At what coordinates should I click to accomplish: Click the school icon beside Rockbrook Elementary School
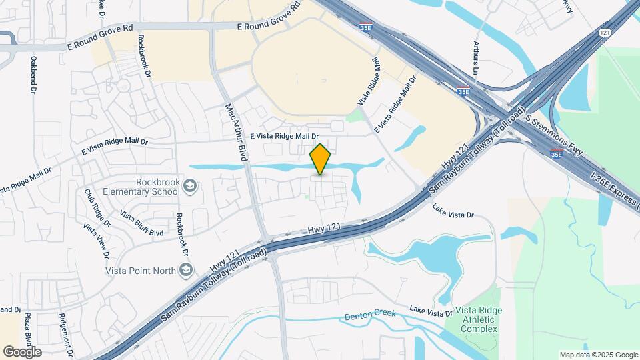(x=190, y=186)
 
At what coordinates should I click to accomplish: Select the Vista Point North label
(x=140, y=270)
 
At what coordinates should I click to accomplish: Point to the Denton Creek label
(x=371, y=314)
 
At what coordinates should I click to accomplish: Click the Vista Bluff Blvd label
(x=141, y=223)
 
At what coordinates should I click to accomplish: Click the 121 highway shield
(x=605, y=33)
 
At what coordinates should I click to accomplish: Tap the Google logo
(x=22, y=351)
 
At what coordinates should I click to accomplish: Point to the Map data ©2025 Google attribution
(x=598, y=355)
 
